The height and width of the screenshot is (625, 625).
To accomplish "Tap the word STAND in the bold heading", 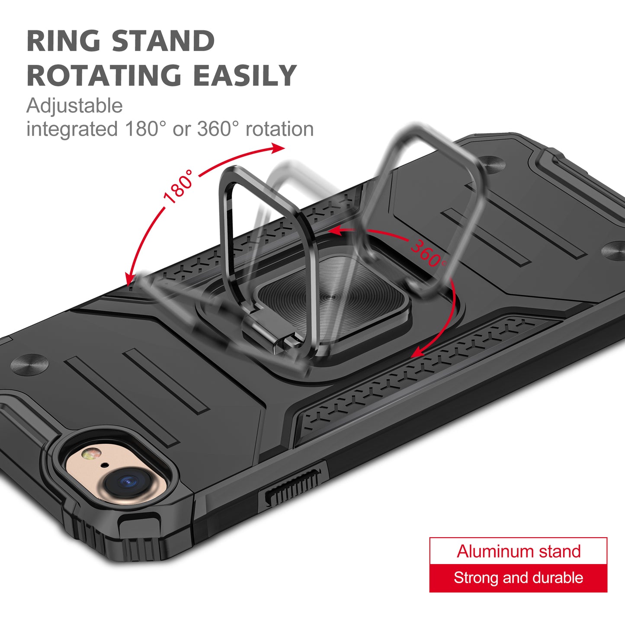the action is click(x=163, y=41).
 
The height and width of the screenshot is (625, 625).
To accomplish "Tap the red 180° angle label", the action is click(x=179, y=187).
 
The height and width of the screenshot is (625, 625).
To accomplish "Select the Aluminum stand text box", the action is click(x=518, y=551).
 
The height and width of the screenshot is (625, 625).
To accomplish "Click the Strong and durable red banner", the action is click(x=518, y=578).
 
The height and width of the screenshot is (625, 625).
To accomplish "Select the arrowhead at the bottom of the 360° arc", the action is click(x=419, y=352).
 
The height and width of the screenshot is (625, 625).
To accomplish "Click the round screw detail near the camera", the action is click(x=30, y=364).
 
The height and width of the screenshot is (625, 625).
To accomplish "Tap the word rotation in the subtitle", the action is click(x=279, y=129).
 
